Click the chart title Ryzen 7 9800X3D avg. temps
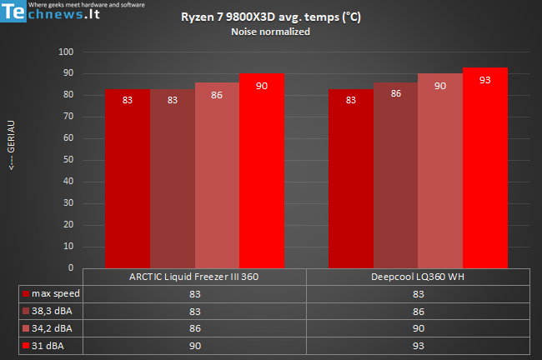click(x=270, y=17)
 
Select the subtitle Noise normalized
click(x=270, y=32)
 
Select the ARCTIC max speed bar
click(x=128, y=179)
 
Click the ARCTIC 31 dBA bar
click(x=262, y=171)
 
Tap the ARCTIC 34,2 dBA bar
click(x=217, y=175)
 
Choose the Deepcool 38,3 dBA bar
click(x=395, y=175)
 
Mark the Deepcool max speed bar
click(x=350, y=179)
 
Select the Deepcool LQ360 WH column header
click(x=418, y=277)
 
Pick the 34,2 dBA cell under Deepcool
click(x=418, y=328)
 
